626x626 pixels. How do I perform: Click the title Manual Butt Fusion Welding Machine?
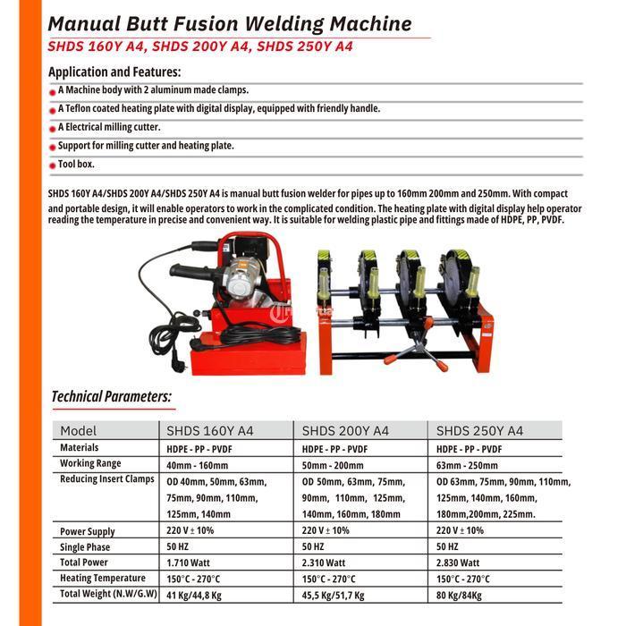[x=230, y=24]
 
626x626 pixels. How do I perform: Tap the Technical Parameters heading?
[x=112, y=396]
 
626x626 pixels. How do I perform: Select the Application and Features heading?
[x=114, y=72]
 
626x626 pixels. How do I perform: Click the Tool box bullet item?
[x=76, y=165]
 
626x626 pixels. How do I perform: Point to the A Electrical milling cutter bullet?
[x=109, y=127]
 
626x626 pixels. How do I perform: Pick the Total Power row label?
[x=84, y=563]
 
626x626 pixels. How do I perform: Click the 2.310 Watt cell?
[x=324, y=563]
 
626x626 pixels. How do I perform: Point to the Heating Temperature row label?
[x=102, y=579]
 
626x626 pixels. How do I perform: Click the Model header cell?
[x=79, y=431]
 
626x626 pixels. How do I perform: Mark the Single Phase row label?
[x=85, y=547]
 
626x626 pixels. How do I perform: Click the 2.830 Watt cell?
[x=458, y=563]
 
